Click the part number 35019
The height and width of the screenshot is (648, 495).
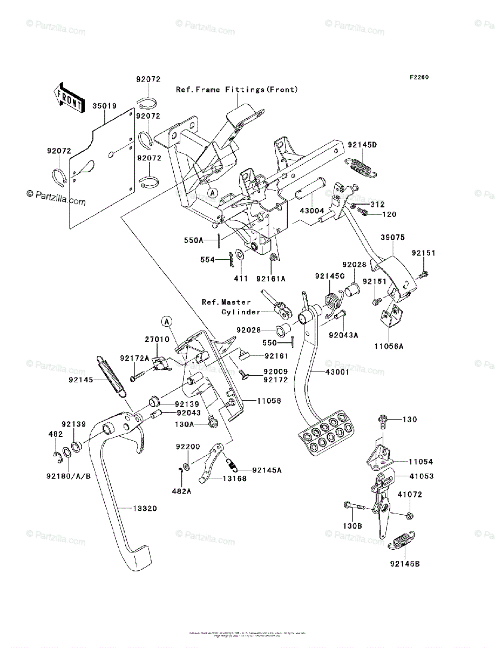pyautogui.click(x=104, y=106)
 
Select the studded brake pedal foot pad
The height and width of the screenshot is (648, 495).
pyautogui.click(x=326, y=431)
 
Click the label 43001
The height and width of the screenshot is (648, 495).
pyautogui.click(x=337, y=373)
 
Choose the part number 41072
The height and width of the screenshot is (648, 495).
pyautogui.click(x=410, y=494)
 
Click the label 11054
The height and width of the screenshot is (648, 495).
pyautogui.click(x=421, y=462)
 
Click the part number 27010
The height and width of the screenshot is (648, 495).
pyautogui.click(x=157, y=340)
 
